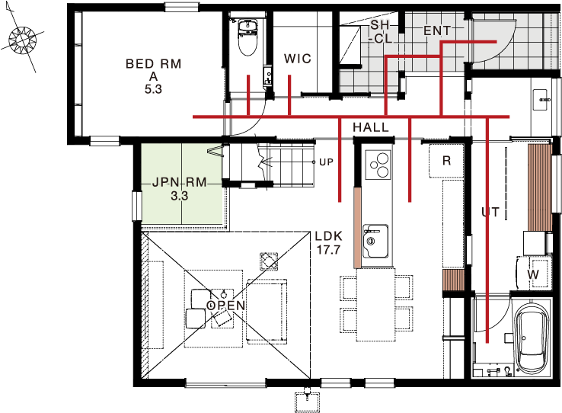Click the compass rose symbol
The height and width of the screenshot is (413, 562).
coord(23,40)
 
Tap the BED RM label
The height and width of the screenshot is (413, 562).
coord(153,64)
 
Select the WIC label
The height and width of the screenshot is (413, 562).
coord(298,59)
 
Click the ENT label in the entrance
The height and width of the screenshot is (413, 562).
coord(437,30)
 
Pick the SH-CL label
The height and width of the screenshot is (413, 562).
coord(380,31)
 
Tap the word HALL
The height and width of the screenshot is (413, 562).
coord(371,127)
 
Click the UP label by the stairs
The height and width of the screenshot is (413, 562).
coord(326,162)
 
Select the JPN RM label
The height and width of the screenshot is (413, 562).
coord(179,182)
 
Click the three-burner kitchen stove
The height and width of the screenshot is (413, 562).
coord(378,165)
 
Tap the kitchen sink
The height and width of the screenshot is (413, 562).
coord(375,242)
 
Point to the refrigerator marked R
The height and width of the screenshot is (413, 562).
coord(446,160)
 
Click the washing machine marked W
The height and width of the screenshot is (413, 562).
coord(532,274)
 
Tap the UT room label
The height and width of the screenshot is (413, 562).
coord(490,213)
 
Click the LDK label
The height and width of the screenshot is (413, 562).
coord(329,236)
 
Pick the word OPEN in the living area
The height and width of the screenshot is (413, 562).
coord(226,306)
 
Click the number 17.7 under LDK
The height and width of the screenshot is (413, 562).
coord(328,249)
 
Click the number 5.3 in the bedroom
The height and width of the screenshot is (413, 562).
coord(153,89)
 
